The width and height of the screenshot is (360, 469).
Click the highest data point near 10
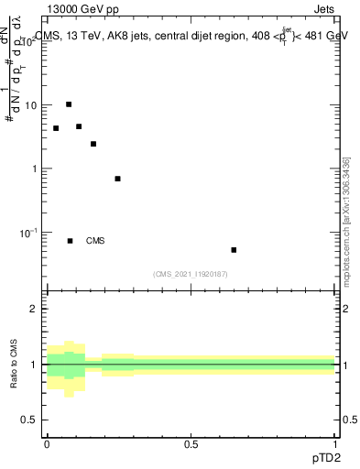(69, 104)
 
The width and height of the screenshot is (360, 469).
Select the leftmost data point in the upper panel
(56, 128)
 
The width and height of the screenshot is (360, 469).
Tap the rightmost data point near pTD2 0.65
(234, 250)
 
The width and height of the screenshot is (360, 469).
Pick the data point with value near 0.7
(117, 179)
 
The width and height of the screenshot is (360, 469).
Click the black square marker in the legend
(70, 241)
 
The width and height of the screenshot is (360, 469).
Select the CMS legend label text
(95, 241)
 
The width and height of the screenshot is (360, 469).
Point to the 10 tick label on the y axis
(30, 105)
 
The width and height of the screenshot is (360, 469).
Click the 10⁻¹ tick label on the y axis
(28, 233)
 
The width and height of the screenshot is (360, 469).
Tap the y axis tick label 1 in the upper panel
(34, 169)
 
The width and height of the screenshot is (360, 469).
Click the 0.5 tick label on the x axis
(191, 444)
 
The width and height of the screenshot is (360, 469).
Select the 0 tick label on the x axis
(47, 444)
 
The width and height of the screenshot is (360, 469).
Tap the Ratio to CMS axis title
(14, 364)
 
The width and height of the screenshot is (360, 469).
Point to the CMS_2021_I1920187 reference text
(191, 273)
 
